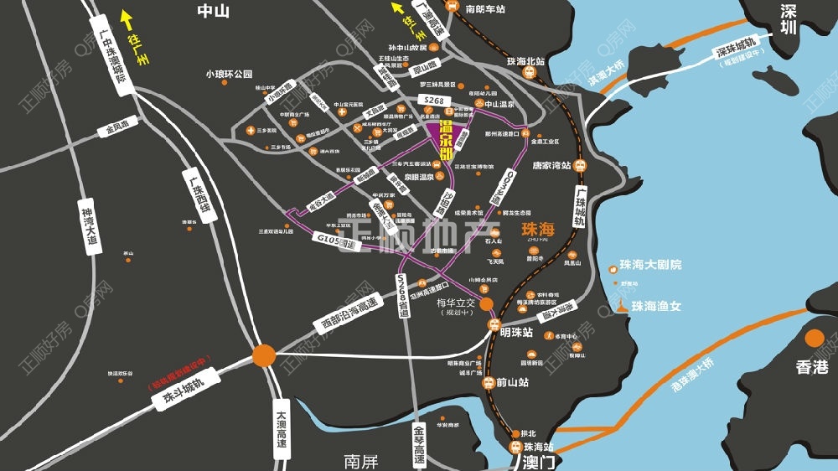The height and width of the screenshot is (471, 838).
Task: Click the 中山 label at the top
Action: (213, 11)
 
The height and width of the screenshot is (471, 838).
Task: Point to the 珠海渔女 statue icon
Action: (622, 306)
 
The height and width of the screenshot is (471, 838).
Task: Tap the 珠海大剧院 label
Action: (650, 265)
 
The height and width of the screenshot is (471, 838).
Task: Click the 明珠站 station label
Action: (516, 332)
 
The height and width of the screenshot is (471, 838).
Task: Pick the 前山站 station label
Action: (511, 382)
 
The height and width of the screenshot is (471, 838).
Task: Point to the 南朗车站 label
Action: (486, 8)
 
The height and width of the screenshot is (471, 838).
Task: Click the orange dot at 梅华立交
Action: (486, 305)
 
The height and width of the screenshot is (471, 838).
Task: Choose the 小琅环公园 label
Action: (229, 74)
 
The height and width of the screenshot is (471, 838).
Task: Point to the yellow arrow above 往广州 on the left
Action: (127, 17)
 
